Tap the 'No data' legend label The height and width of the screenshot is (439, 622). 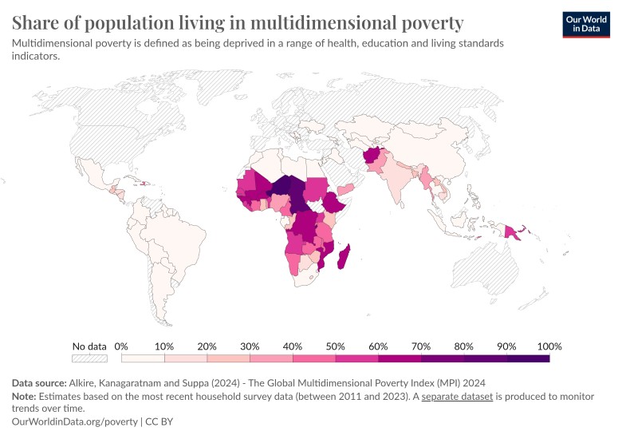tap(89, 346)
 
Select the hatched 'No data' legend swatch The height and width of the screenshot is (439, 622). tap(89, 359)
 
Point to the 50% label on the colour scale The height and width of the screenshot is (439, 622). tap(336, 346)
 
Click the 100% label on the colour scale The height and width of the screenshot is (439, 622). tap(549, 346)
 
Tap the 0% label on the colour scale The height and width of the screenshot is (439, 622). tap(121, 346)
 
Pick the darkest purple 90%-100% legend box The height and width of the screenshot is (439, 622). tap(528, 359)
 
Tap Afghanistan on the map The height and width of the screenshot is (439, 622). tap(372, 157)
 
